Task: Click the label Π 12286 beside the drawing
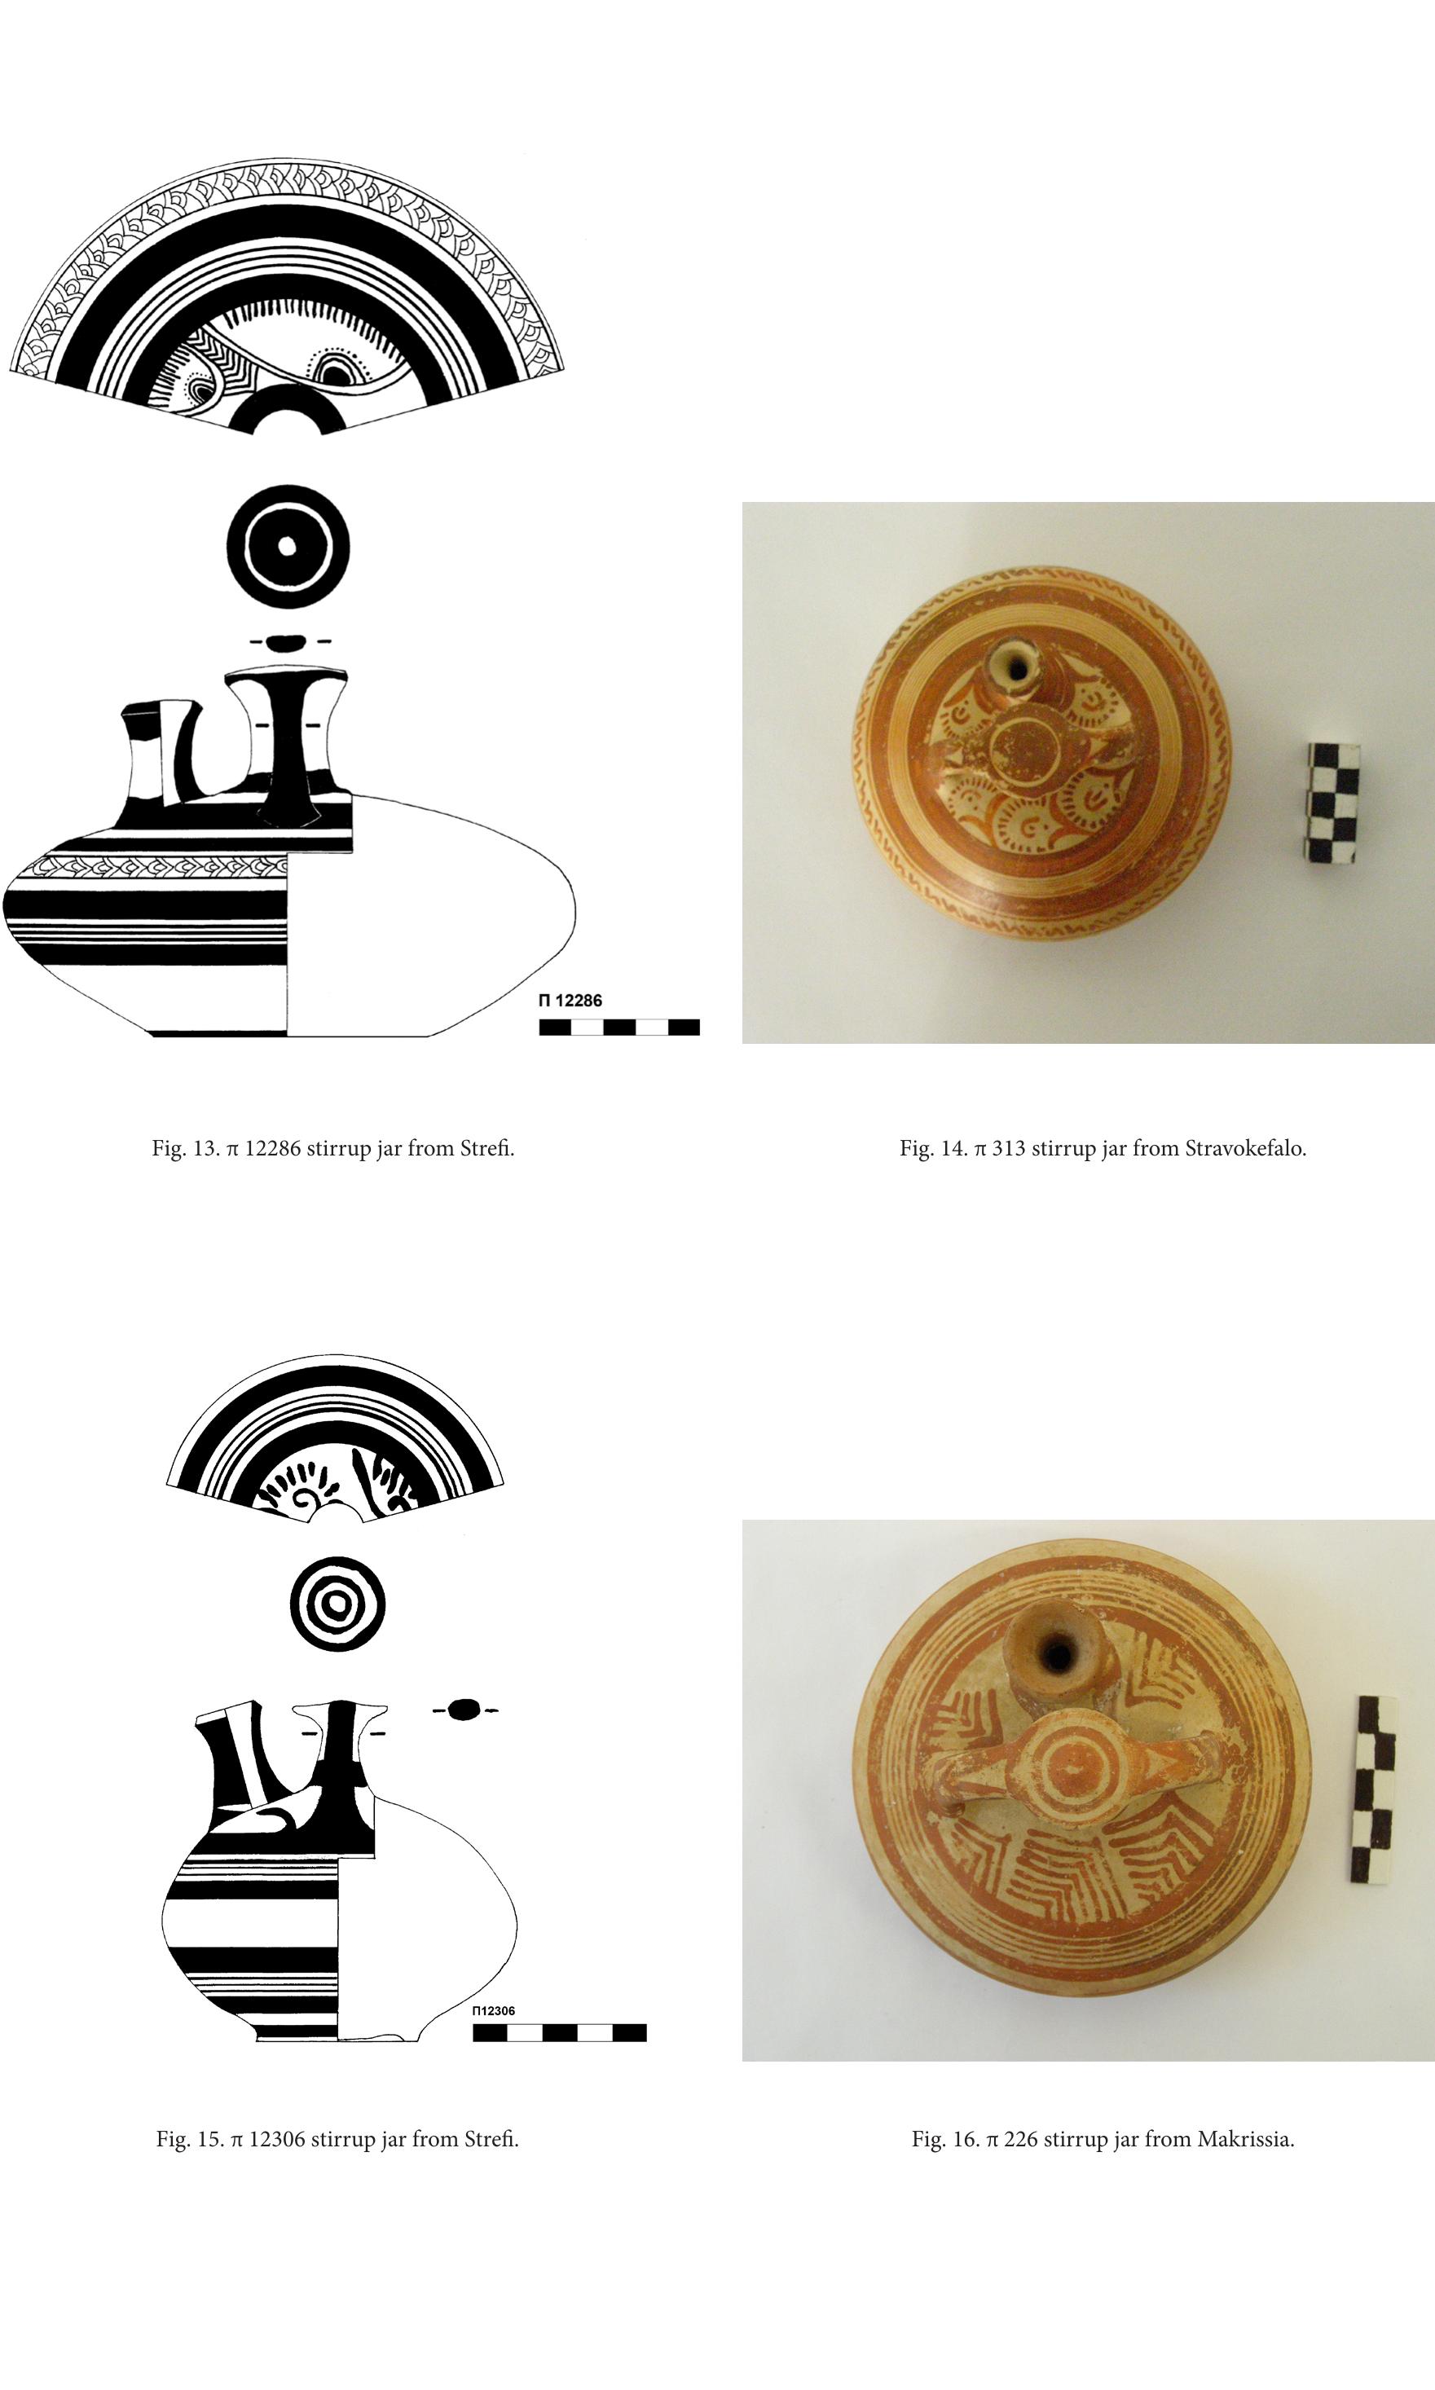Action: [570, 1001]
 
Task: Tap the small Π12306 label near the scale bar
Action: [493, 2011]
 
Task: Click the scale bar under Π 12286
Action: [618, 1027]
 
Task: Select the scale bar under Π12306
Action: [559, 2032]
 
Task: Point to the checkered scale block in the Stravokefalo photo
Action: [1333, 803]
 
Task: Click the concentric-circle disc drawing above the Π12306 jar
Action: [337, 1604]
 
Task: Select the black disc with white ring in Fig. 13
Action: [287, 546]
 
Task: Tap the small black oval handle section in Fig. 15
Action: [464, 1710]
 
